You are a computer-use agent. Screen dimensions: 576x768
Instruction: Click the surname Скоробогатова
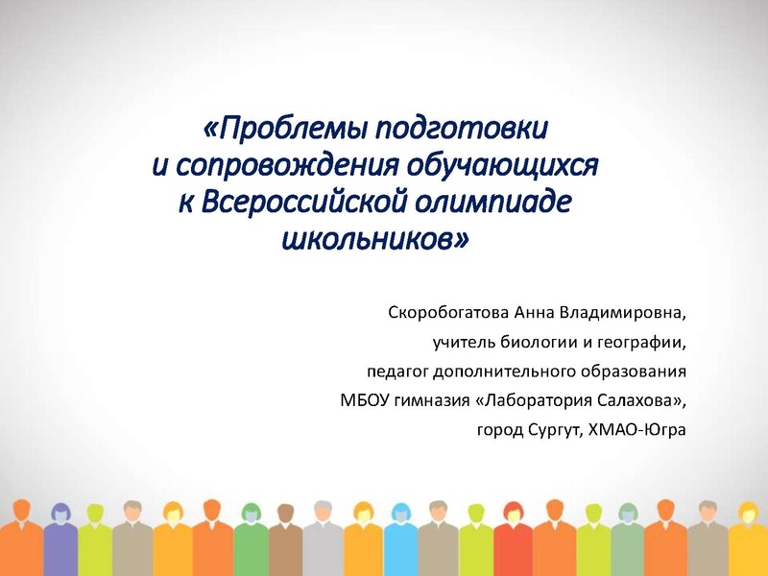(x=448, y=313)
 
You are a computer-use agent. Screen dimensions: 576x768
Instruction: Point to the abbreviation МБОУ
(x=362, y=397)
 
